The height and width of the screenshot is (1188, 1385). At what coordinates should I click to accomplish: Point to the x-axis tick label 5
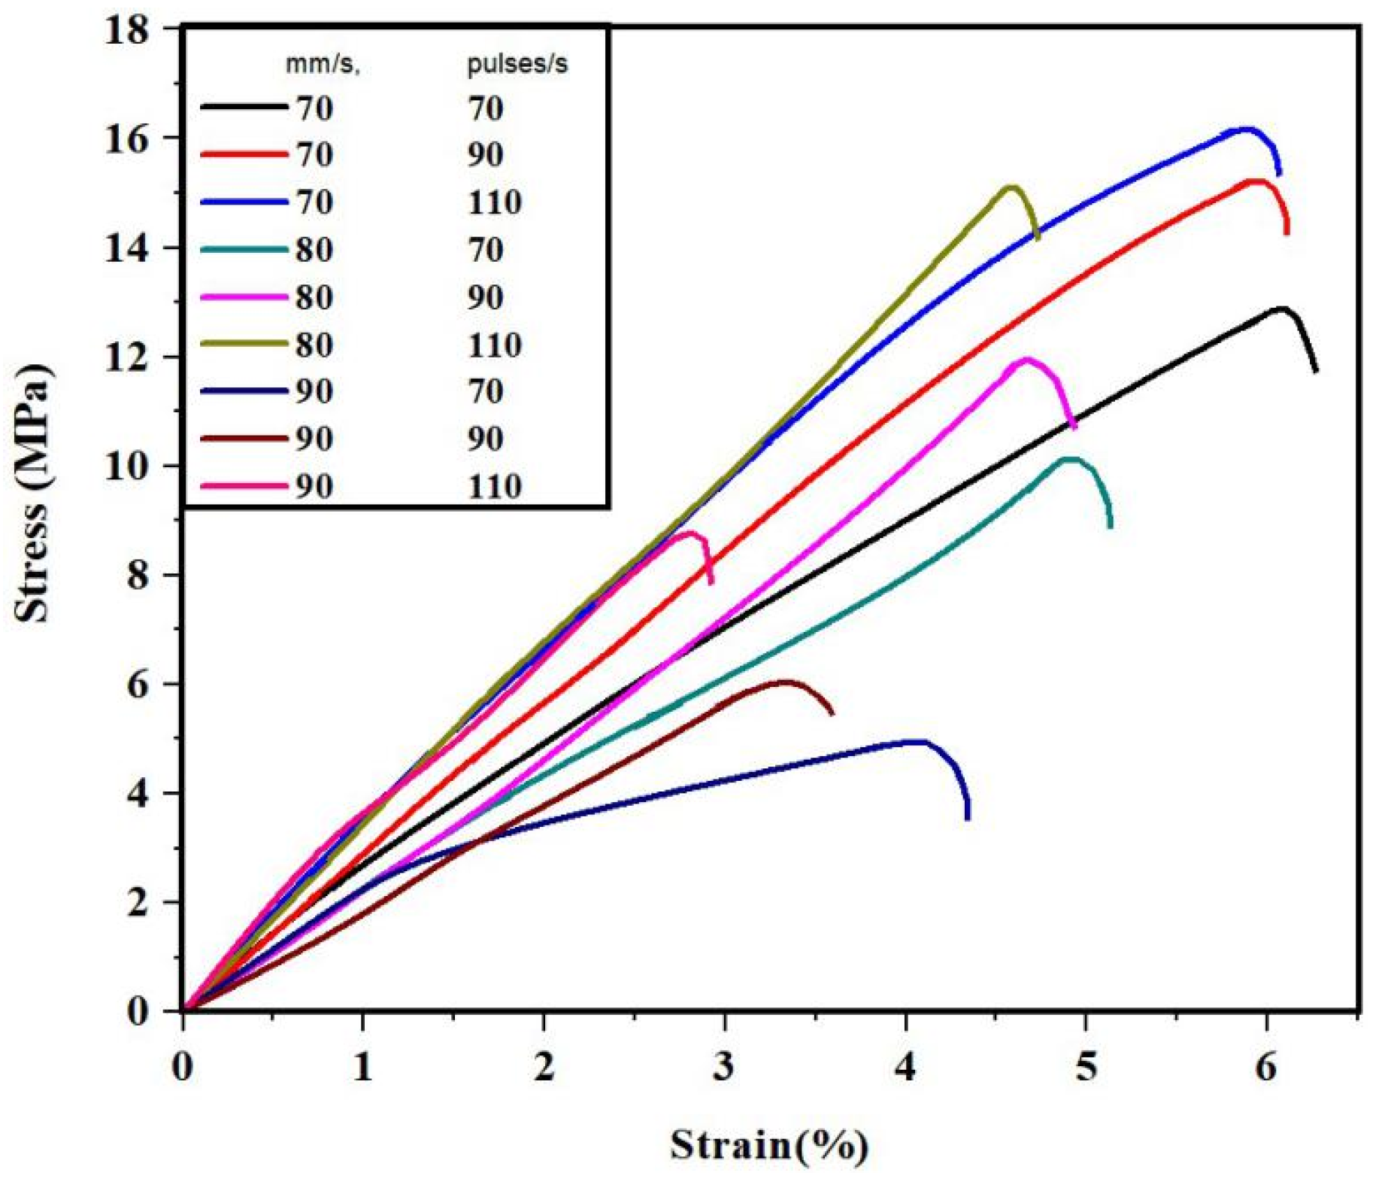click(1085, 1066)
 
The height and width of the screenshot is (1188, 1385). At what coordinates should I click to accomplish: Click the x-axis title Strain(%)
click(768, 1145)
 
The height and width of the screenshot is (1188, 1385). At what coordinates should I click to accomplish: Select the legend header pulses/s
click(517, 65)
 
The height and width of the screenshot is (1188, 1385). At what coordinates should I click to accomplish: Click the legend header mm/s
click(322, 65)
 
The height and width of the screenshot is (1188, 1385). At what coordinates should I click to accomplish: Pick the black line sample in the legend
click(244, 108)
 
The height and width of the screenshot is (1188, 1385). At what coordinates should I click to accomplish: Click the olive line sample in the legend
click(244, 344)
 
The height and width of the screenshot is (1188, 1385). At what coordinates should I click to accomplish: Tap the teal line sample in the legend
click(244, 249)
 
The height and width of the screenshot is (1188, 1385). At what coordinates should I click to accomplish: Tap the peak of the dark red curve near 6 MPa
click(784, 682)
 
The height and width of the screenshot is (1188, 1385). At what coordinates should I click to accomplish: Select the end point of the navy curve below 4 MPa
click(967, 817)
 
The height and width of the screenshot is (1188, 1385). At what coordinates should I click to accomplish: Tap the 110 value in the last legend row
click(494, 487)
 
